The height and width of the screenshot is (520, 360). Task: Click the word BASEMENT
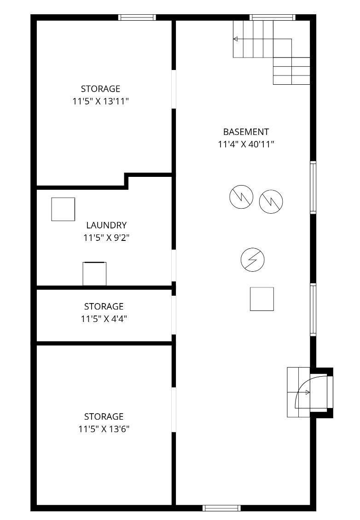tap(246, 132)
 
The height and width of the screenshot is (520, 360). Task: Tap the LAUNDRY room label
tap(106, 225)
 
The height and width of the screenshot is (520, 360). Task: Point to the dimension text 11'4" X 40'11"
tap(246, 144)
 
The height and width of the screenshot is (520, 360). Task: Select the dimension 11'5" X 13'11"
tap(100, 101)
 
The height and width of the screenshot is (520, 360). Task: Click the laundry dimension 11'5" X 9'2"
tap(106, 238)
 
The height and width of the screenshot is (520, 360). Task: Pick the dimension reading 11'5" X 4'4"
tap(104, 319)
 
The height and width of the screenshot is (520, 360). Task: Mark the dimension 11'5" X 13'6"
tap(104, 429)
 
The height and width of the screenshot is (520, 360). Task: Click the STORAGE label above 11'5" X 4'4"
tap(104, 306)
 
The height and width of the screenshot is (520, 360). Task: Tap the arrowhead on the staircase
tap(235, 39)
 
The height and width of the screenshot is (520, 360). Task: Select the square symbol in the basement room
tap(262, 299)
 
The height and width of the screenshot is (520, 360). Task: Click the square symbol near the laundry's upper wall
tap(63, 209)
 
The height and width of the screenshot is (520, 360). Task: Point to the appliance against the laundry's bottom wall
tap(94, 274)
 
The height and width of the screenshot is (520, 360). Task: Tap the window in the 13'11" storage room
tap(137, 17)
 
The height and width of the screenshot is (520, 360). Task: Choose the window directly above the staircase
tap(273, 17)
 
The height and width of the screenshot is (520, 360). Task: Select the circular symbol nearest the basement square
tap(253, 260)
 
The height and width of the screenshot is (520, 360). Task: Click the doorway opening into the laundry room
tap(174, 265)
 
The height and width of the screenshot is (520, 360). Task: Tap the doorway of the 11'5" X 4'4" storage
tap(174, 315)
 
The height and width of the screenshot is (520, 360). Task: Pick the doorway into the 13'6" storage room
tap(174, 409)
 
